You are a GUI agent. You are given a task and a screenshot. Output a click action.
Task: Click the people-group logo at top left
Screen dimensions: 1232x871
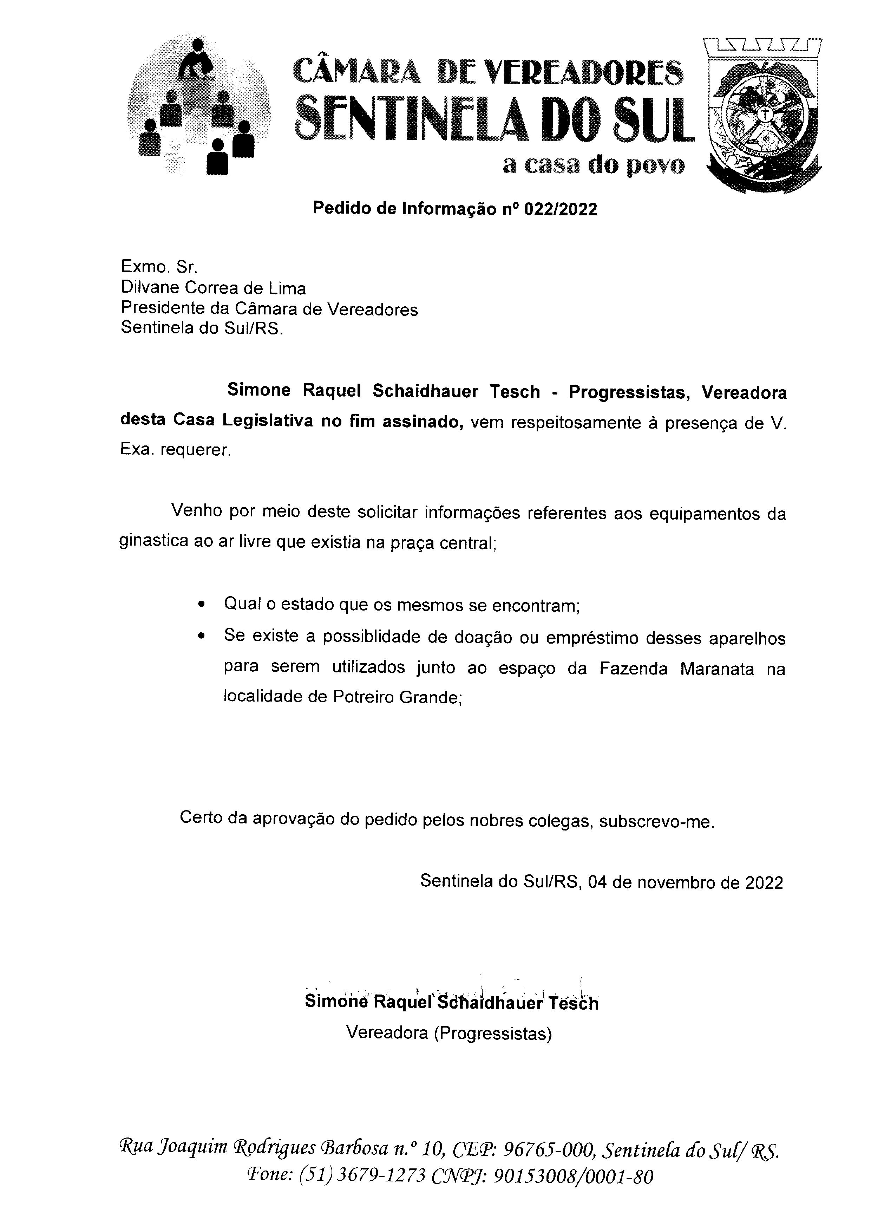pos(198,106)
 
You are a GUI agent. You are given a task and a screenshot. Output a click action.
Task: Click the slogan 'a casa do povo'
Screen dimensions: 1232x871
pos(594,165)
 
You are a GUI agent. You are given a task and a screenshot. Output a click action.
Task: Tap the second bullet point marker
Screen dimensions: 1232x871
pos(201,637)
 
